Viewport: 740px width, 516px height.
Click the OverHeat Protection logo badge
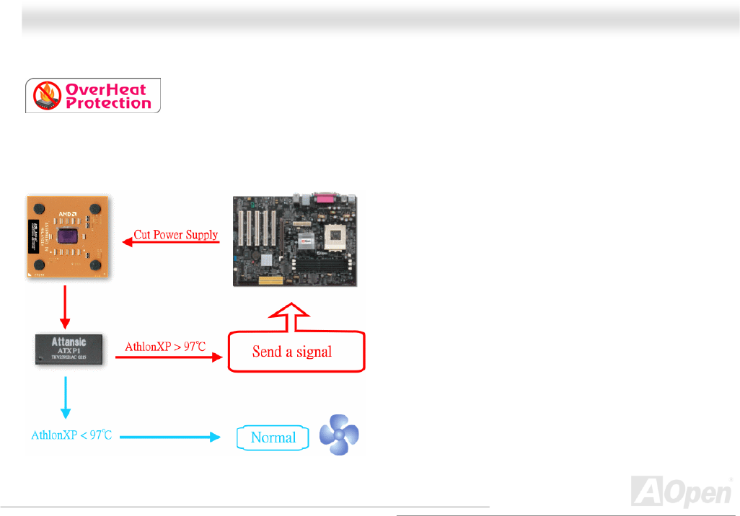93,96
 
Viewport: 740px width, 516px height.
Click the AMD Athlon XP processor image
66,236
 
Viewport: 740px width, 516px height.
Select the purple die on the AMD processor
68,237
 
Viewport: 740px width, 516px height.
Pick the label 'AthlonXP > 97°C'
165,347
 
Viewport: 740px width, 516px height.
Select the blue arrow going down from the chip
66,396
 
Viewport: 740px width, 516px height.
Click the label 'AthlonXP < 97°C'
71,436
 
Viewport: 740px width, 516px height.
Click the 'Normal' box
273,437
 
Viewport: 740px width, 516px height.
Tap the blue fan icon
338,435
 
